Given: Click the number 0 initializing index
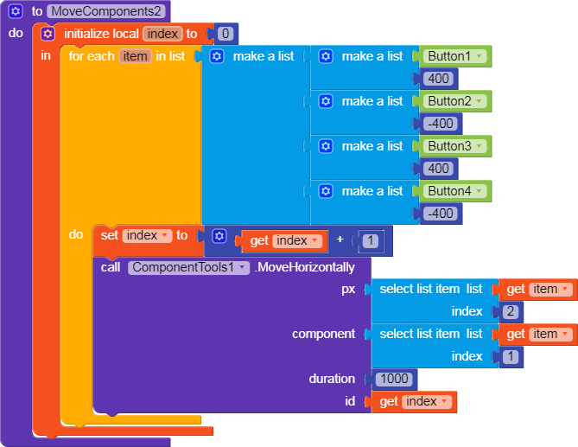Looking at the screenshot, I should point(225,35).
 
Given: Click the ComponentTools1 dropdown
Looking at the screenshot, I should point(189,267).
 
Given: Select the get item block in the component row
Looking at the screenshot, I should point(538,334).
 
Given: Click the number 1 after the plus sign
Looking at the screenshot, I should point(370,241).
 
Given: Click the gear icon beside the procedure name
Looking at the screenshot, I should point(16,12).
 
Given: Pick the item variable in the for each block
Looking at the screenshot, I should point(135,56).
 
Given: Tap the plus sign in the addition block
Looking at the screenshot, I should point(340,240).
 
